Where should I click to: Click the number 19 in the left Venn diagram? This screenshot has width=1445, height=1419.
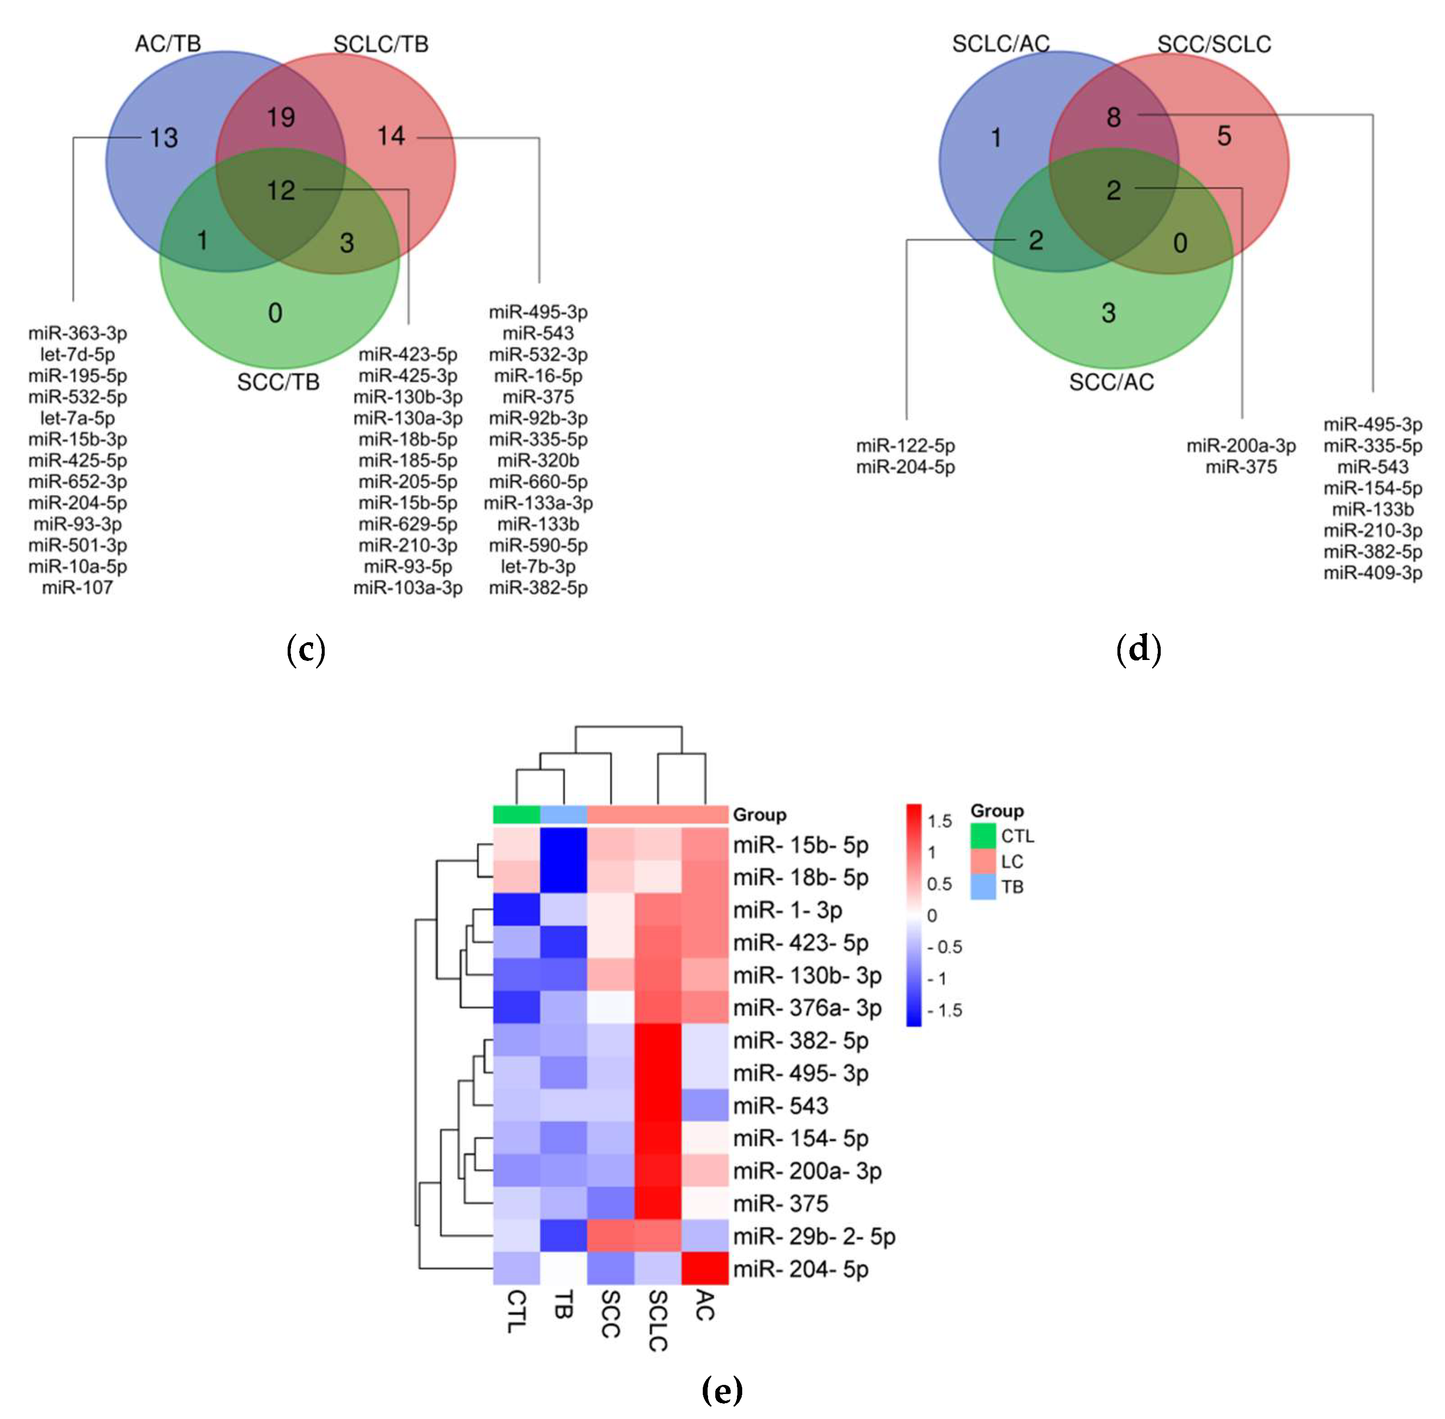point(281,117)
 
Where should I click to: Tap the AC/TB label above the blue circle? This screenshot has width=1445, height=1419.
point(168,44)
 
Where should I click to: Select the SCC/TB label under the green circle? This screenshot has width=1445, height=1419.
point(278,382)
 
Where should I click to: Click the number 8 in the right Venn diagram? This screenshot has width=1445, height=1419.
point(1113,117)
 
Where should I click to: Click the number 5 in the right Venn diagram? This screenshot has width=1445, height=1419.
point(1224,137)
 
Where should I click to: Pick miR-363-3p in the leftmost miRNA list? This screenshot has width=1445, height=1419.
point(77,333)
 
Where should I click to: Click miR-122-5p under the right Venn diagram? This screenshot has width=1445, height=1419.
point(905,446)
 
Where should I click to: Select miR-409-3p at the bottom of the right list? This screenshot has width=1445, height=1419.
point(1373,573)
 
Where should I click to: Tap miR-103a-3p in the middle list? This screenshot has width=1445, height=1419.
point(408,588)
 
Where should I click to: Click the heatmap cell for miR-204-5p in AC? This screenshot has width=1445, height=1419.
point(705,1269)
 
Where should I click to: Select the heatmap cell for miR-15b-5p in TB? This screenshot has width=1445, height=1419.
point(564,845)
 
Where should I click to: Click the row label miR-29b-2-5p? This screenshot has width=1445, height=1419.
point(814,1236)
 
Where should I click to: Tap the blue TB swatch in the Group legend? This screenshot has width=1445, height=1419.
point(983,887)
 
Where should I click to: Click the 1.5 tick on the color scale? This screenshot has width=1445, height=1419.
point(939,822)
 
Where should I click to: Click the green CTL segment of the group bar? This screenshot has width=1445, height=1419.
point(517,814)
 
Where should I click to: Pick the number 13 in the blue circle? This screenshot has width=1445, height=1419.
point(164,138)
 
